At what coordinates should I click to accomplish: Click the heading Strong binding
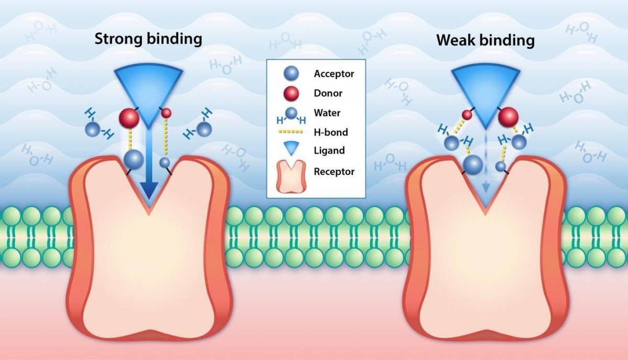(148, 39)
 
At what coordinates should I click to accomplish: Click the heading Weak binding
(486, 40)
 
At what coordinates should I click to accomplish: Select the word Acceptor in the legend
(334, 74)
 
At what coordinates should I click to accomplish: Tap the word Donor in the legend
(328, 93)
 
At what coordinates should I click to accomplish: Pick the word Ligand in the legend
(329, 151)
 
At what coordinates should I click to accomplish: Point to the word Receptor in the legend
(334, 171)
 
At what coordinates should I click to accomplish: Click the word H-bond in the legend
(331, 132)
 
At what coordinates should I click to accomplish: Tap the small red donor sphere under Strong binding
(166, 113)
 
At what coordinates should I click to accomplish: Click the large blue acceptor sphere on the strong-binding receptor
(133, 159)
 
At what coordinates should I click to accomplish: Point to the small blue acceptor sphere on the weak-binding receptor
(501, 166)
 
